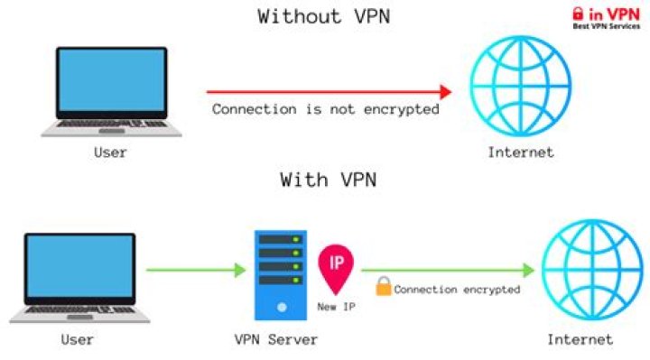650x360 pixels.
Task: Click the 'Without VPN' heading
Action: [x=326, y=16]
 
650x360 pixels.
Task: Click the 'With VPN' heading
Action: [x=327, y=180]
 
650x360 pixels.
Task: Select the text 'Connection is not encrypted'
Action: [x=326, y=109]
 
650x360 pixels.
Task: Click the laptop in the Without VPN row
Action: [x=111, y=91]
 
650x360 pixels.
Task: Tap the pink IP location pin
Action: [x=336, y=268]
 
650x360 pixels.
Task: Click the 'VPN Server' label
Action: [x=274, y=340]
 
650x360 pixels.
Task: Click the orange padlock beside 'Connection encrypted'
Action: [x=383, y=289]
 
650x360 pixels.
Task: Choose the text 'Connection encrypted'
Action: [x=457, y=290]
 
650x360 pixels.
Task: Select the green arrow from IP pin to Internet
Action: [x=448, y=269]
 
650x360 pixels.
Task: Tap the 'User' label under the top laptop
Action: [x=110, y=152]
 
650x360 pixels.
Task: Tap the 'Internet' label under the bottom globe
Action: [x=580, y=340]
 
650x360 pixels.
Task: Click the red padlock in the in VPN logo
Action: [x=579, y=14]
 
